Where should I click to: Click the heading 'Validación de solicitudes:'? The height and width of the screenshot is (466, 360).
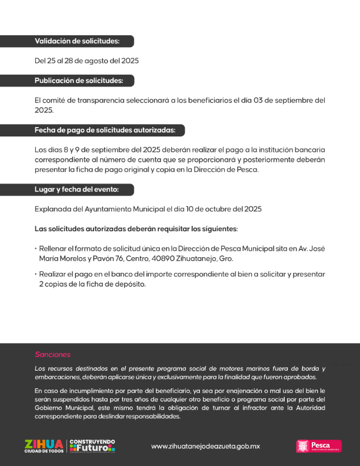(77, 41)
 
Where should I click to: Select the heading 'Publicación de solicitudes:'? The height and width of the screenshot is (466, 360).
(79, 81)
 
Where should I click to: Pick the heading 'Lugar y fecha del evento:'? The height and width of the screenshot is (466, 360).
(76, 189)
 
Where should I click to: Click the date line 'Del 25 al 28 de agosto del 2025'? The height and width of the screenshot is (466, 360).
(86, 61)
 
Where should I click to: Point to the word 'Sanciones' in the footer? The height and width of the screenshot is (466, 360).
(52, 355)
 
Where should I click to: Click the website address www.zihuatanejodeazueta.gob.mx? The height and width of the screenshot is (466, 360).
(205, 446)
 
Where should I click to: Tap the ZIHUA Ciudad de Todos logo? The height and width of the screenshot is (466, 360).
(44, 446)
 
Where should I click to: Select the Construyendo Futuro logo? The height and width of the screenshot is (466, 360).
(92, 446)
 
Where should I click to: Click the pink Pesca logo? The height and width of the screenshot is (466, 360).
(319, 446)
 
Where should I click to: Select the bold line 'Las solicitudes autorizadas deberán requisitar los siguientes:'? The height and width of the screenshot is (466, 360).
(136, 228)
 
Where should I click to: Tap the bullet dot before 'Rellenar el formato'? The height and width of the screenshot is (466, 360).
(36, 248)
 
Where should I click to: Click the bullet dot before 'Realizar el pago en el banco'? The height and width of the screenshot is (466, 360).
(36, 274)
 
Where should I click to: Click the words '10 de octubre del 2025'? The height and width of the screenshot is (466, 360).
(224, 209)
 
